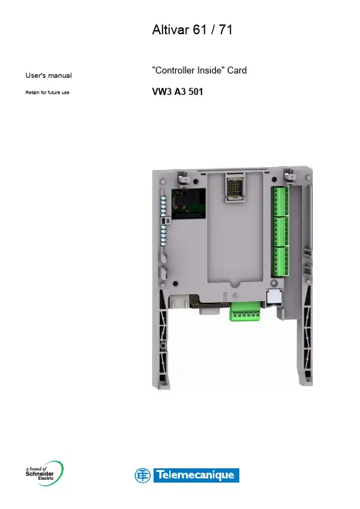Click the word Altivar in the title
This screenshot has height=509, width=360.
pos(171,29)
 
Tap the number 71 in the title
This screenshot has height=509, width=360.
pos(226,29)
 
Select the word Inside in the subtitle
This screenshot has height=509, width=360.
pos(209,70)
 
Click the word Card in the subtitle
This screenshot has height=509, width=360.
pos(237,70)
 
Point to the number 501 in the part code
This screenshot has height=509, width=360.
pos(196,91)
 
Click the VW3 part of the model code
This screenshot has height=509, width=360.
pos(162,91)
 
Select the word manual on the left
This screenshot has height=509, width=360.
pos(60,75)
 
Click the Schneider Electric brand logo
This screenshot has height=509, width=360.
pos(44,473)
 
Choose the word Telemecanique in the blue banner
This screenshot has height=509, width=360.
pos(195,475)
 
